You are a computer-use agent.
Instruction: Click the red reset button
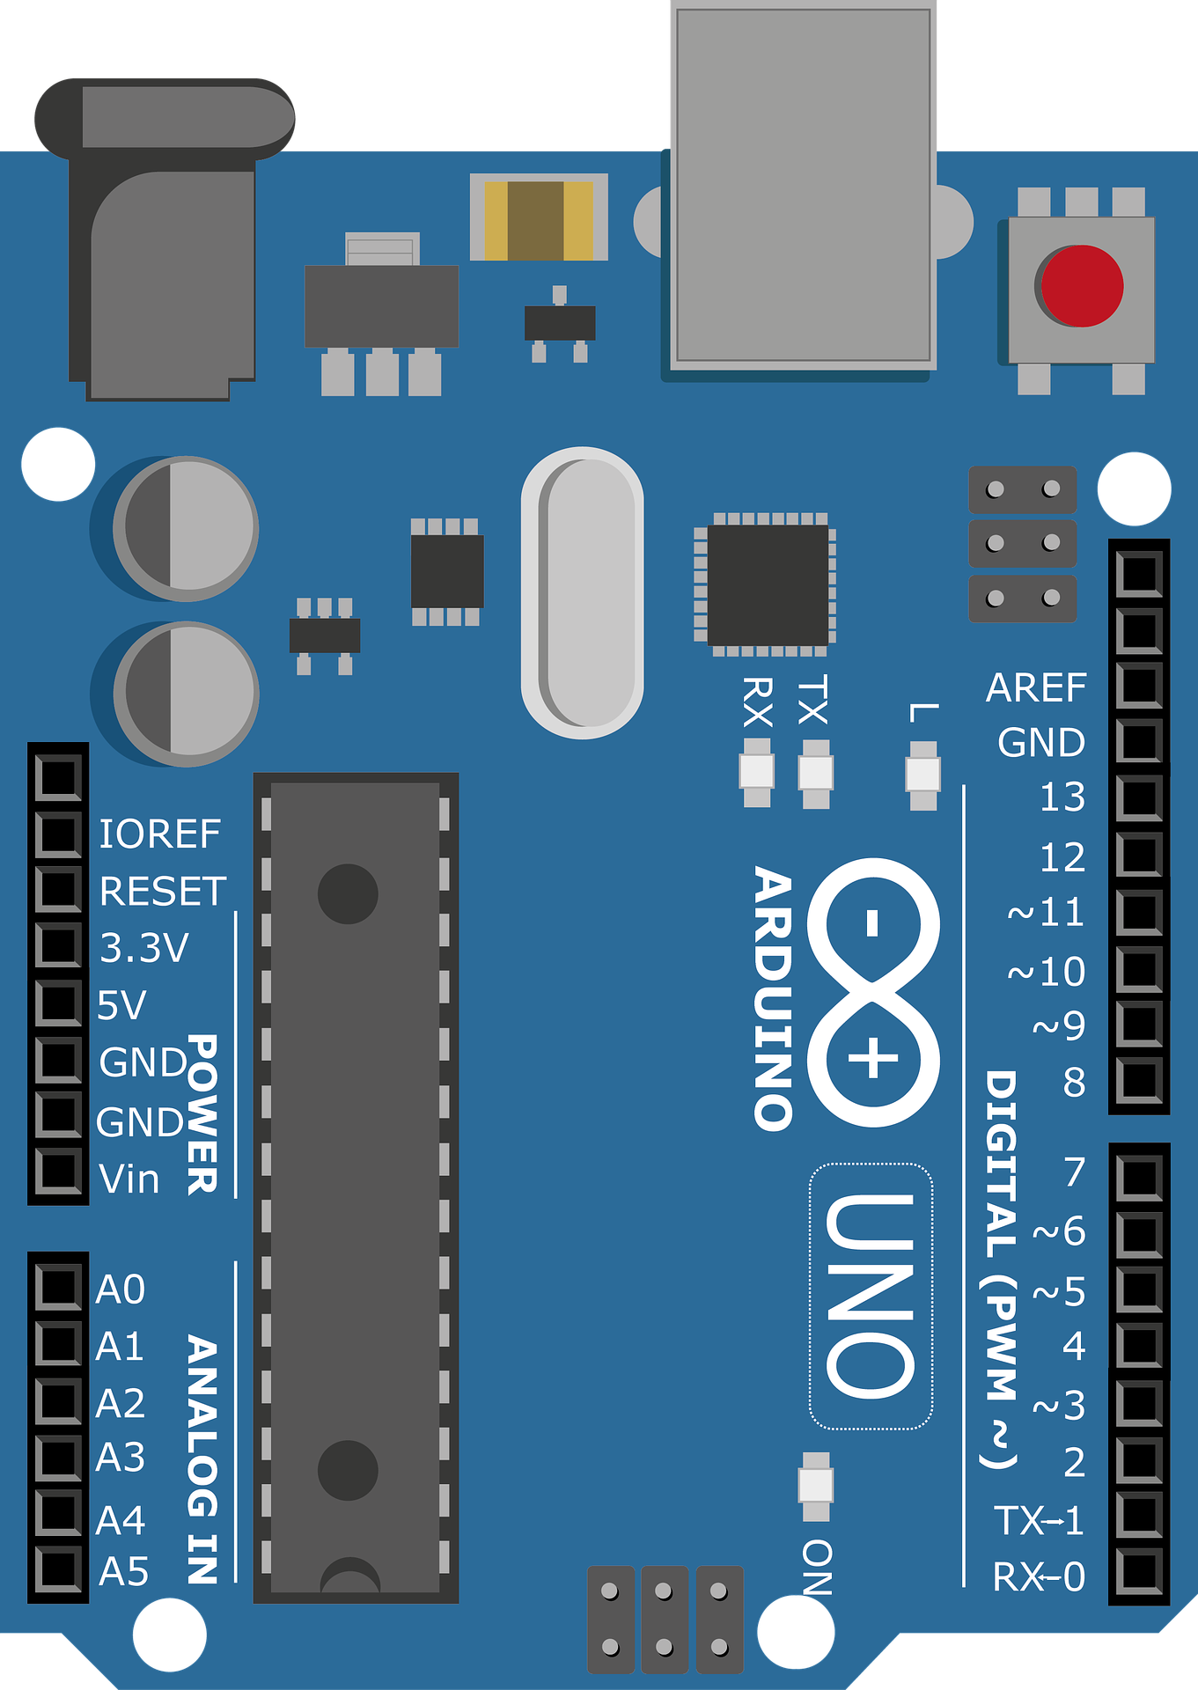pyautogui.click(x=1082, y=286)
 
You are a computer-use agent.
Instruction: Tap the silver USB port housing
pyautogui.click(x=803, y=185)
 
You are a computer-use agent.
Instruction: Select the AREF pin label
pyautogui.click(x=1036, y=688)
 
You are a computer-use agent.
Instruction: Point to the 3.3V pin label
pyautogui.click(x=143, y=949)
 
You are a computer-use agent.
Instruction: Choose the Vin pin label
pyautogui.click(x=129, y=1179)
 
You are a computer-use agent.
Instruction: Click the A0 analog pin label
pyautogui.click(x=120, y=1290)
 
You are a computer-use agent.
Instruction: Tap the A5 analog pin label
pyautogui.click(x=123, y=1572)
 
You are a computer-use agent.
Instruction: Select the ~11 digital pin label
pyautogui.click(x=1046, y=912)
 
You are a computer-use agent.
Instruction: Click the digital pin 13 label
pyautogui.click(x=1062, y=797)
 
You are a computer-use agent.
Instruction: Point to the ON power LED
pyautogui.click(x=816, y=1486)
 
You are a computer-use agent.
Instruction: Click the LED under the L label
pyautogui.click(x=922, y=775)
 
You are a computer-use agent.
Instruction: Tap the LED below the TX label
pyautogui.click(x=815, y=773)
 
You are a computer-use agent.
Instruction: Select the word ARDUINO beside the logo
pyautogui.click(x=774, y=998)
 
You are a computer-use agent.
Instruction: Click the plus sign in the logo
pyautogui.click(x=872, y=1057)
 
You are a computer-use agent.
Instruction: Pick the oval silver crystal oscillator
pyautogui.click(x=582, y=592)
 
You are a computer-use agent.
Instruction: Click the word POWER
pyautogui.click(x=202, y=1114)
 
